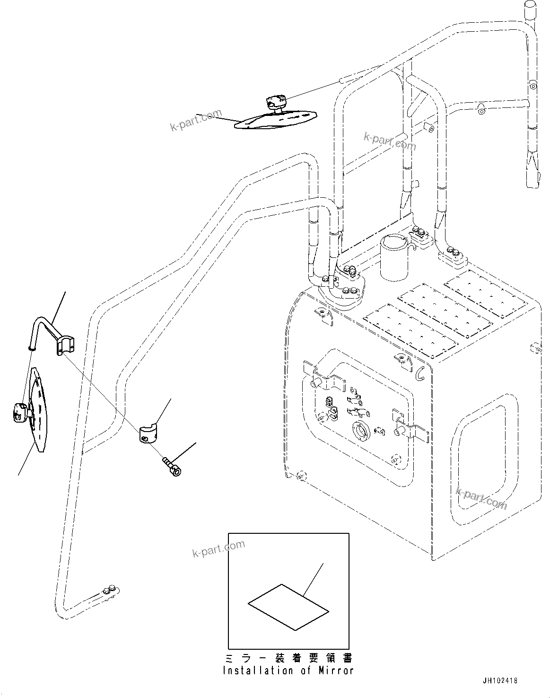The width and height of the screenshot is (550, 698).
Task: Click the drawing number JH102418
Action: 500,681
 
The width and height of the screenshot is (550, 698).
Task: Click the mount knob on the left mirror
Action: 21,411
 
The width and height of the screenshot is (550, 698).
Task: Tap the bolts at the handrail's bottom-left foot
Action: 109,590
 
